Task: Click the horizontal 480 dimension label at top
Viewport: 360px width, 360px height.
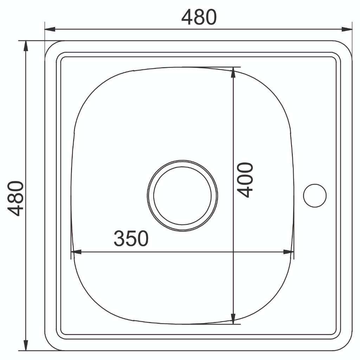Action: click(199, 17)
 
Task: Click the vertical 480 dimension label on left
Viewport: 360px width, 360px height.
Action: click(15, 199)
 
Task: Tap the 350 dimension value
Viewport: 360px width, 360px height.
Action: click(131, 239)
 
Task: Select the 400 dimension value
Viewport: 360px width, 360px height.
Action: click(245, 180)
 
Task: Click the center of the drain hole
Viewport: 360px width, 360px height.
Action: click(182, 195)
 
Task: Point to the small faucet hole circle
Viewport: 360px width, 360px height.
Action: click(315, 195)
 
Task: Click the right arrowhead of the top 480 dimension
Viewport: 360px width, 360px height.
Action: click(346, 29)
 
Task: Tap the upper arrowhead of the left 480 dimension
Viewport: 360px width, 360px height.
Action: click(26, 46)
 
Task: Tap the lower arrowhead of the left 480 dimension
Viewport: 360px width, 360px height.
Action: click(26, 345)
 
